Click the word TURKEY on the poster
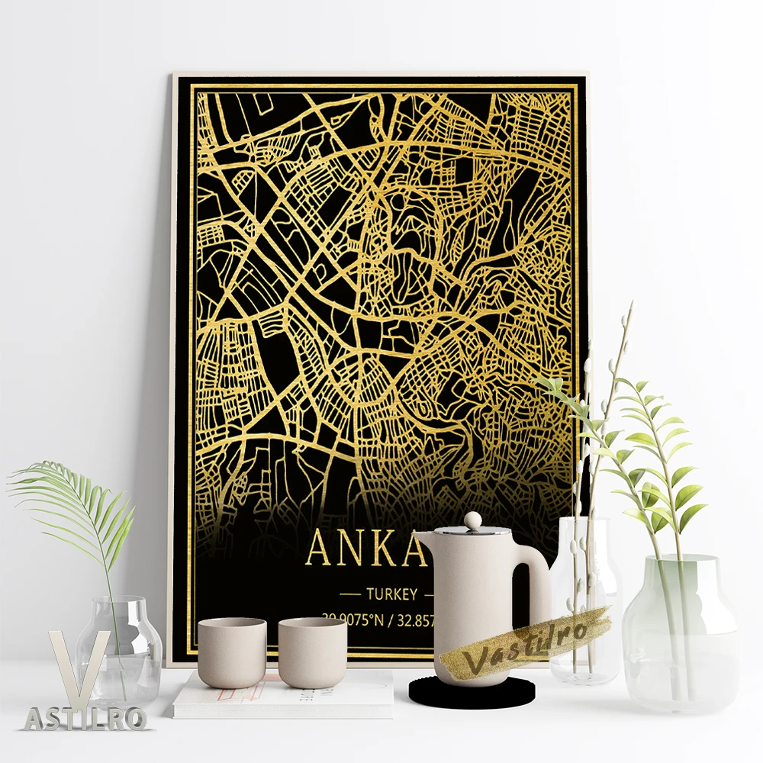(x=391, y=594)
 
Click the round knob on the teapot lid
(x=473, y=520)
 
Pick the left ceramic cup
(x=232, y=652)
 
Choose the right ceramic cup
(x=312, y=652)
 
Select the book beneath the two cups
(x=282, y=698)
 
